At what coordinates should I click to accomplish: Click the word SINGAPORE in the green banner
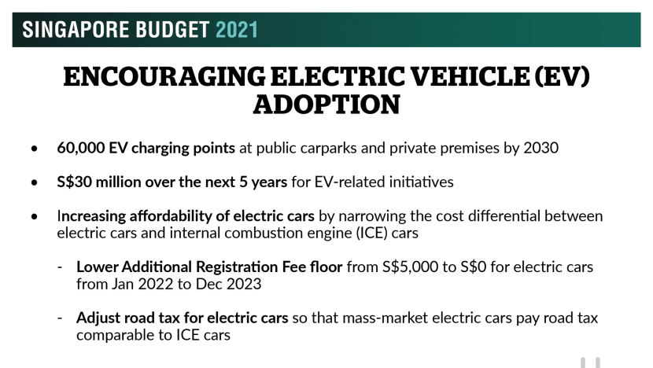[x=76, y=30]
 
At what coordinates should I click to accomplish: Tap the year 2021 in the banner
[x=237, y=30]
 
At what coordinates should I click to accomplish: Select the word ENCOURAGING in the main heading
[x=164, y=76]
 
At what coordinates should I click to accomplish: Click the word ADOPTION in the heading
[x=326, y=104]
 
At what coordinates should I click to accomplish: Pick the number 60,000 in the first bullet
[x=81, y=148]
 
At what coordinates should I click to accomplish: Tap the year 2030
[x=541, y=148]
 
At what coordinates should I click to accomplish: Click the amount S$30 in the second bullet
[x=74, y=182]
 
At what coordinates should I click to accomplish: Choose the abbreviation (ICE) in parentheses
[x=372, y=233]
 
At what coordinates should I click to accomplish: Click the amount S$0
[x=473, y=267]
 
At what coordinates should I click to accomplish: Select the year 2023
[x=244, y=284]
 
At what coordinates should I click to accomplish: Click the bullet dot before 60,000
[x=34, y=149]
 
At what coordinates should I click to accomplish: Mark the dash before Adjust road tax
[x=60, y=318]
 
